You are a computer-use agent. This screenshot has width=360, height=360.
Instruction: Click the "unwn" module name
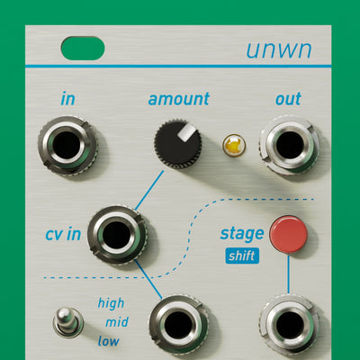point(279,49)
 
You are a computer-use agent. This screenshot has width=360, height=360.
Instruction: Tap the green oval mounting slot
point(83,48)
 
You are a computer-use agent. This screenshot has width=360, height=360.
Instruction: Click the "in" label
point(67,99)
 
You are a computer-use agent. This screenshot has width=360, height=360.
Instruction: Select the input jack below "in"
point(67,146)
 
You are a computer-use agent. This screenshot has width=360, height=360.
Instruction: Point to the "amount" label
point(179,99)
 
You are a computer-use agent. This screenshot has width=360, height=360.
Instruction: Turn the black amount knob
point(178,144)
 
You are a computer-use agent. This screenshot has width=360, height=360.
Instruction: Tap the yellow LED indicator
point(234,145)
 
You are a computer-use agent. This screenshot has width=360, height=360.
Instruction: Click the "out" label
point(288,99)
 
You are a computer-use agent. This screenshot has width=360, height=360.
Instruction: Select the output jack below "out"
point(290,145)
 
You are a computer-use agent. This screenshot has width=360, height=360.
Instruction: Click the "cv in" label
point(63,234)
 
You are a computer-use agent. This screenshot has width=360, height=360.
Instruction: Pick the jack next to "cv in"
point(117,235)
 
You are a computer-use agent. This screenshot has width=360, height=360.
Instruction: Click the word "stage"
point(242,234)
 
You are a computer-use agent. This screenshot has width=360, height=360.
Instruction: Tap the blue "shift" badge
point(242,256)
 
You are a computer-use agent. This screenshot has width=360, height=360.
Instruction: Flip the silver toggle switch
point(67,321)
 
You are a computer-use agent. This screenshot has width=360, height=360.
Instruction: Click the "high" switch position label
point(111,303)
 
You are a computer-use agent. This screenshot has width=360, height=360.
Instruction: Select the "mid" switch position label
point(117,322)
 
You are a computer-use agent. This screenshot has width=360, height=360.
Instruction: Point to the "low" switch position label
point(108,341)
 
